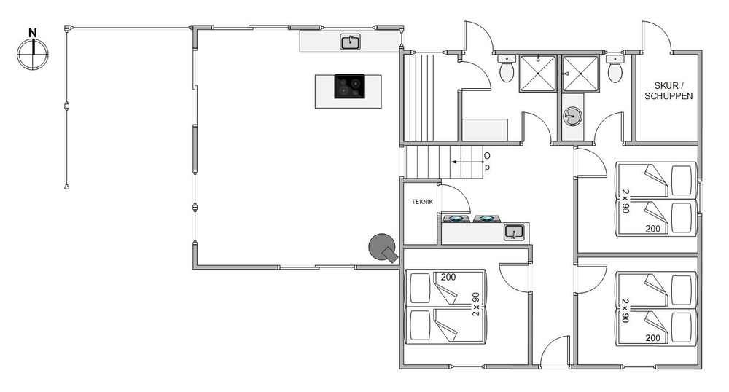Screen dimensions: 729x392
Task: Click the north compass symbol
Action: (33, 54)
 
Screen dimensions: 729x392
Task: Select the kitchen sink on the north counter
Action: (351, 42)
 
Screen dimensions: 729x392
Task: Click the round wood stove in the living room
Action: (383, 248)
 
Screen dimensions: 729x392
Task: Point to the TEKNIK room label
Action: (422, 202)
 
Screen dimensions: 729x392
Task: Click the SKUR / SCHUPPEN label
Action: (668, 91)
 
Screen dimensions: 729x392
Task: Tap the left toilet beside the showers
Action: (507, 68)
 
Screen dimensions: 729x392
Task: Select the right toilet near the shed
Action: (615, 68)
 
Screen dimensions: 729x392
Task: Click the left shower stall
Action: (537, 74)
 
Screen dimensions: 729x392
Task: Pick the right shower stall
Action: (580, 74)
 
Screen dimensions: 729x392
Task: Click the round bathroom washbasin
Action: (572, 116)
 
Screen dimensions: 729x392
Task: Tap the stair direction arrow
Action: (467, 162)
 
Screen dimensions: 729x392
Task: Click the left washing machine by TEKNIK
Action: (455, 219)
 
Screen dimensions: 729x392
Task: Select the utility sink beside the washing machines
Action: (514, 232)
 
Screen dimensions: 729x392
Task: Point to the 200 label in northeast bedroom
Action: (652, 229)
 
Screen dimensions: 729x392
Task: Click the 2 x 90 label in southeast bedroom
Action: (625, 310)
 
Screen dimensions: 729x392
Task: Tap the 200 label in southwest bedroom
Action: (448, 278)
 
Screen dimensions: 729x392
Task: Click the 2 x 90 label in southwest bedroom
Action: (475, 305)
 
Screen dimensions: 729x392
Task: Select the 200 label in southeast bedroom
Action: (652, 338)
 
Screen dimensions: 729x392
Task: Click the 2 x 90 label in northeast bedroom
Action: (625, 200)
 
